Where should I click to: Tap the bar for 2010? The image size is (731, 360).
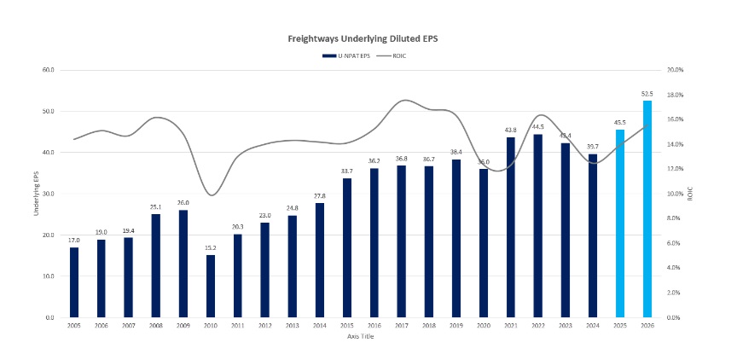(210, 286)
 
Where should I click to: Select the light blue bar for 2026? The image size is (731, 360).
(647, 209)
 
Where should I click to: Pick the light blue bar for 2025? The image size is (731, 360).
(620, 224)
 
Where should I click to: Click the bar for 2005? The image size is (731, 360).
(74, 282)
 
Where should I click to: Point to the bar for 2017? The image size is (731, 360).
(401, 241)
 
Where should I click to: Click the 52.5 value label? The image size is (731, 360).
(647, 94)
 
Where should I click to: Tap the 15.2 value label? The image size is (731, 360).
(210, 248)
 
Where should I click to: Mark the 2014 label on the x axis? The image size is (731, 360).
(319, 326)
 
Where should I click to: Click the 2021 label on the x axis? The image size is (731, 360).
(510, 326)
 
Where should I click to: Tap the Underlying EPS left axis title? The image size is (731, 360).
(37, 194)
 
